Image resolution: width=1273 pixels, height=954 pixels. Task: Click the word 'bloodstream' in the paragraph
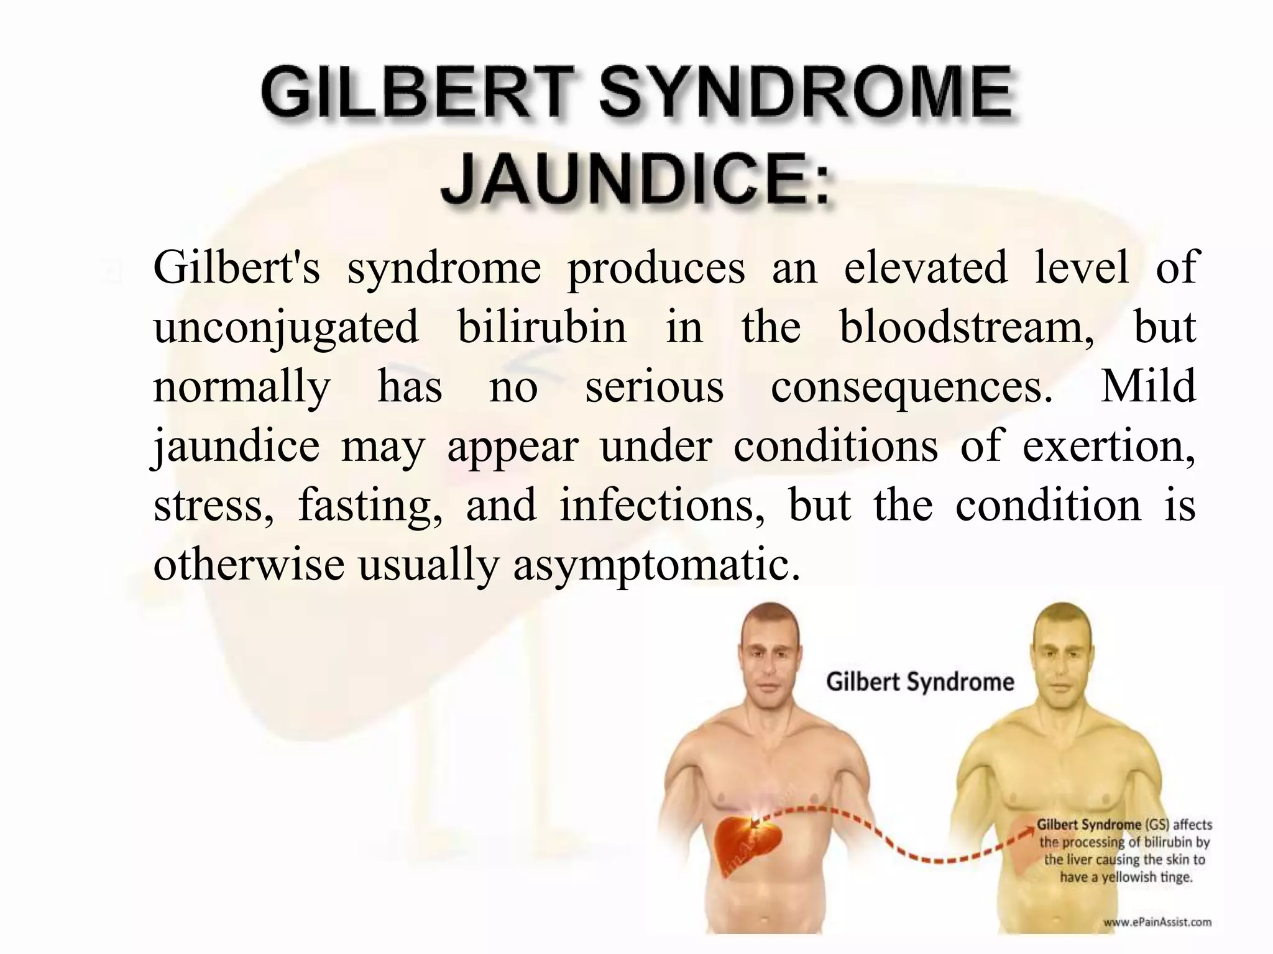966,327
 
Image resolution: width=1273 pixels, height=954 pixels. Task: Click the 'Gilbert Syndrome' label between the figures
920,682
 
